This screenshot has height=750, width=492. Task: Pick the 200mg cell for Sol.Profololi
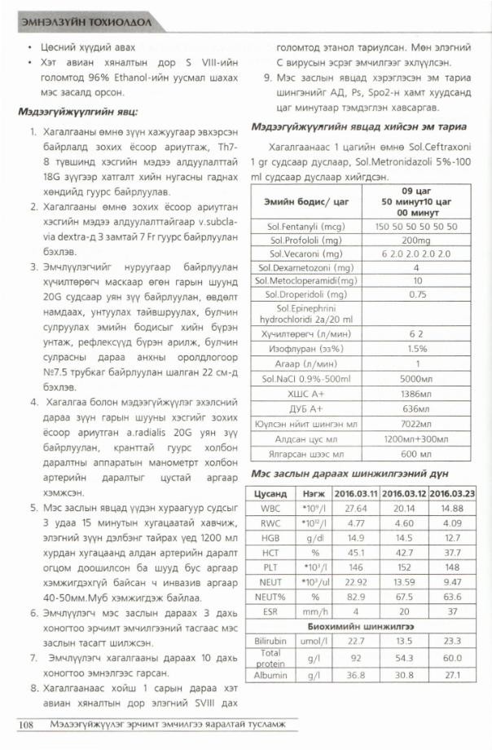[416, 239]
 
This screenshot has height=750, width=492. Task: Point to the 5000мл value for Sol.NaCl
[416, 379]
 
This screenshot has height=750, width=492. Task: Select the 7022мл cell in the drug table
[416, 425]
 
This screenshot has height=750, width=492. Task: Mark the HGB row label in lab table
[270, 537]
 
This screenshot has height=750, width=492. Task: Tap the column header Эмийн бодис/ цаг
[306, 201]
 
